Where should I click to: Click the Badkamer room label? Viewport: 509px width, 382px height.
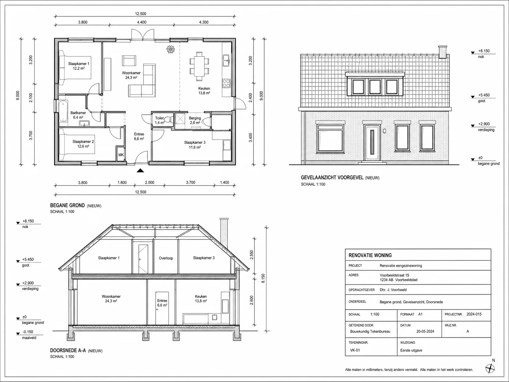78,113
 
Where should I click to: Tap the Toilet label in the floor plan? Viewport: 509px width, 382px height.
159,118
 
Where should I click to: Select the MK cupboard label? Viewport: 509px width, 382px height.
121,155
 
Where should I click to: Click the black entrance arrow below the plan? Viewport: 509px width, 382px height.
140,171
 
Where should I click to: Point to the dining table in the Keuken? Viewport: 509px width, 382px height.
199,66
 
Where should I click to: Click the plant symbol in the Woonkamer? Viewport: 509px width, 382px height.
171,49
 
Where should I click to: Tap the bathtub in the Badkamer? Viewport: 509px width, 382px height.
63,111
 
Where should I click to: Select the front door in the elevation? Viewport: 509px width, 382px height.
372,143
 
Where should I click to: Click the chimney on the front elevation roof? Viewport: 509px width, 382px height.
442,52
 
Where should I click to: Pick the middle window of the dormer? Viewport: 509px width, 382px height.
375,87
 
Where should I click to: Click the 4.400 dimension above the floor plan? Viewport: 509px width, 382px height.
142,22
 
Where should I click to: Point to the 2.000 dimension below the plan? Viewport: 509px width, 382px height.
149,183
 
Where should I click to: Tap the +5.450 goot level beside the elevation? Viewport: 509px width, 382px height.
484,95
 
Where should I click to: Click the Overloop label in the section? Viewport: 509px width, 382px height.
166,258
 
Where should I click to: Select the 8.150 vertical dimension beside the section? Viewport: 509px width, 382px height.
263,278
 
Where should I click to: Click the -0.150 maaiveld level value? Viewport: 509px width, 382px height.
28,332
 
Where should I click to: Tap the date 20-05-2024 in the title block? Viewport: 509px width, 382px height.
425,331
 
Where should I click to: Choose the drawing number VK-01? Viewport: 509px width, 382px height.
355,350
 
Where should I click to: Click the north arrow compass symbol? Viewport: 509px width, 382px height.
490,368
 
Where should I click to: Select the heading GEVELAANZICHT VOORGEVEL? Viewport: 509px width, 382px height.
332,178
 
